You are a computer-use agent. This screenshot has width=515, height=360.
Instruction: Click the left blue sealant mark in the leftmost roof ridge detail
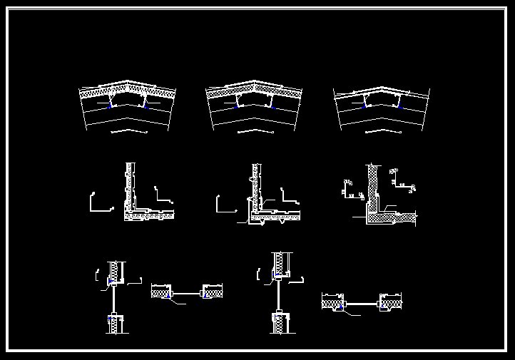pyautogui.click(x=109, y=106)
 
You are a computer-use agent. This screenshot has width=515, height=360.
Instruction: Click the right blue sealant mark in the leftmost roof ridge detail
pyautogui.click(x=145, y=106)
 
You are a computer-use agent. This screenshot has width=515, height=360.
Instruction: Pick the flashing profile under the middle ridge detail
pyautogui.click(x=255, y=132)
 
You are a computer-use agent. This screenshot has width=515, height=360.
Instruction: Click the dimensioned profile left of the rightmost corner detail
pyautogui.click(x=350, y=186)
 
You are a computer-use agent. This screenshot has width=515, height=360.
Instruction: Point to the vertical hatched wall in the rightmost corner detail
pyautogui.click(x=372, y=185)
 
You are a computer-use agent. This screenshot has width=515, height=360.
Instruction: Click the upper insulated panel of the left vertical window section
pyautogui.click(x=114, y=271)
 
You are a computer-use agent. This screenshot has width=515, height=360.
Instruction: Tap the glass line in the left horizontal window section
pyautogui.click(x=187, y=292)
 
